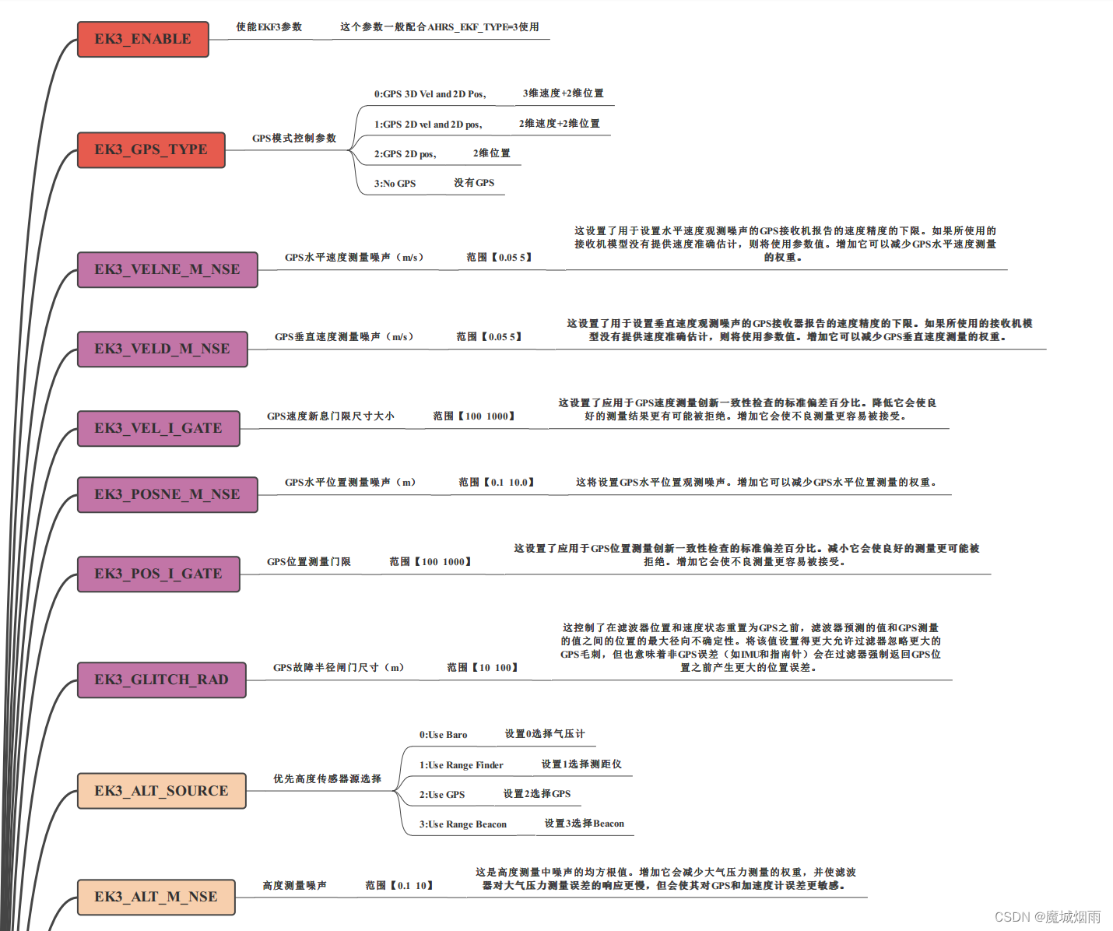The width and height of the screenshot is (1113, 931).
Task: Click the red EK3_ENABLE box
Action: [x=143, y=39]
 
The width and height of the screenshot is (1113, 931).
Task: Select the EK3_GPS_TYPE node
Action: [x=151, y=149]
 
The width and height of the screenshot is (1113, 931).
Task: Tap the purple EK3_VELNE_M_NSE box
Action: [x=167, y=269]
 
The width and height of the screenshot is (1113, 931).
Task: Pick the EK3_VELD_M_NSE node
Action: [x=163, y=349]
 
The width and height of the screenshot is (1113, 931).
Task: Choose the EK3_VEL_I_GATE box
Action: [x=159, y=428]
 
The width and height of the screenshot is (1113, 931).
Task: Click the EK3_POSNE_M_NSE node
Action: [x=167, y=494]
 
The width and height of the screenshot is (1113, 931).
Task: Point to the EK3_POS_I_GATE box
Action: [x=159, y=574]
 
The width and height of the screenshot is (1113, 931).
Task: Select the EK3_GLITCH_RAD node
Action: [x=162, y=680]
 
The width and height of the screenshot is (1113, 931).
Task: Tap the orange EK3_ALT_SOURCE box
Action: [x=162, y=791]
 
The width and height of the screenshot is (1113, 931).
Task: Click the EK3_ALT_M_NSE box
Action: [x=156, y=897]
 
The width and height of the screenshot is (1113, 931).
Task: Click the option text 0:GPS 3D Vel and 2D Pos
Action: [x=430, y=94]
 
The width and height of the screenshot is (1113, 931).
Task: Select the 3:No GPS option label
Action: [x=395, y=184]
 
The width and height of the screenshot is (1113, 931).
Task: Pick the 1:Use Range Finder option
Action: [x=461, y=765]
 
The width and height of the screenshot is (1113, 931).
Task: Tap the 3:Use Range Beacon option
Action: [x=462, y=824]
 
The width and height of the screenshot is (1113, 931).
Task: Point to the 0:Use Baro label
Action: [x=443, y=735]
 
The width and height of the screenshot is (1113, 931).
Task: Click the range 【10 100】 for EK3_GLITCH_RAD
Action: [x=483, y=668]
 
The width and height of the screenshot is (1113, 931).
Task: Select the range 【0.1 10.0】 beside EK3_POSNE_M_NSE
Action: [x=497, y=483]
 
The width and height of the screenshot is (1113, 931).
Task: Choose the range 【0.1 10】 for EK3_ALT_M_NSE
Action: [x=399, y=886]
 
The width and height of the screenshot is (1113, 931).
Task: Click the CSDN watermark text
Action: [x=1048, y=917]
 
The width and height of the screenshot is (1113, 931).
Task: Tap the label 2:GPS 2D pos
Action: [x=405, y=154]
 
